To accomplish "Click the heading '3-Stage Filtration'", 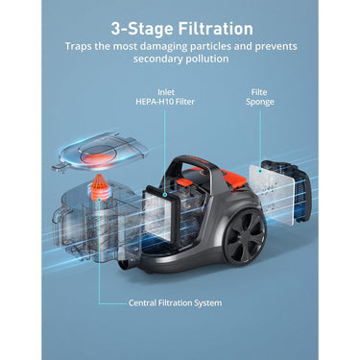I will click(x=181, y=29).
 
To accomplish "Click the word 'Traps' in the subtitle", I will click(x=81, y=46).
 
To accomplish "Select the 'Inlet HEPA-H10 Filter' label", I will click(x=165, y=98).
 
